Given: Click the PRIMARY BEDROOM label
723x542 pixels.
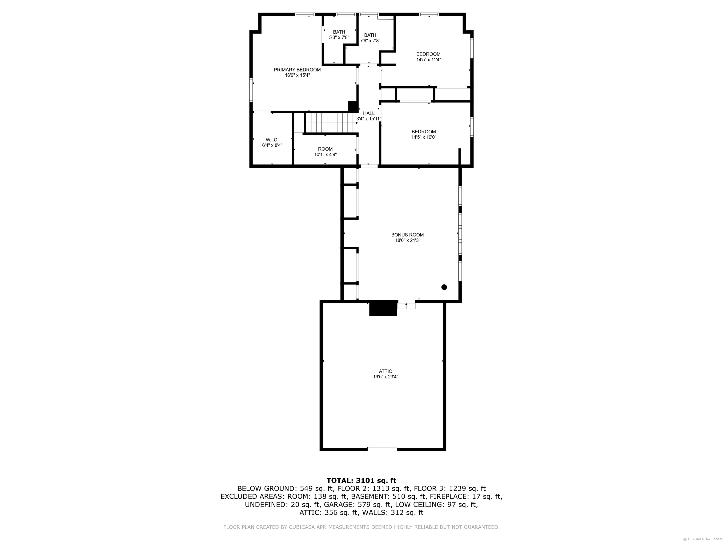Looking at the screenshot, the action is (x=297, y=70).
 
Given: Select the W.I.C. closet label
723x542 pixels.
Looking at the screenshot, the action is (x=272, y=140).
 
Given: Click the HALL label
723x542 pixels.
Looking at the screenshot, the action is (x=369, y=113).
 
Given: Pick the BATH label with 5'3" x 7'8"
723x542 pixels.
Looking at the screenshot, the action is (x=339, y=32).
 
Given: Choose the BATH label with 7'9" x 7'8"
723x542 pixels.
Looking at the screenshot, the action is (x=370, y=35).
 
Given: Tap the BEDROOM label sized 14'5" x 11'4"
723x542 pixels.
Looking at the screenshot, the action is (x=428, y=54).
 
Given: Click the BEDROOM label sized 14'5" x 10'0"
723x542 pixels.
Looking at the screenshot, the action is (x=424, y=132).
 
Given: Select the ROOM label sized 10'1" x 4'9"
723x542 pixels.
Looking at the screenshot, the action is (x=325, y=149).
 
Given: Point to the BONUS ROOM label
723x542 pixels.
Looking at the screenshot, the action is (x=407, y=235).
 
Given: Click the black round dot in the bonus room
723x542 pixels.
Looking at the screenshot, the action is (x=444, y=287).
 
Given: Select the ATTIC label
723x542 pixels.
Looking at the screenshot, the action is (x=385, y=371).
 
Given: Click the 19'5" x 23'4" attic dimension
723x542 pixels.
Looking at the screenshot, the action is (x=386, y=377).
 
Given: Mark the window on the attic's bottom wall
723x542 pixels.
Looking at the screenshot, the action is (x=382, y=449).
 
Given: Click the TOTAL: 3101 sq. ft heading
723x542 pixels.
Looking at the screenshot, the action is (x=361, y=481).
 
